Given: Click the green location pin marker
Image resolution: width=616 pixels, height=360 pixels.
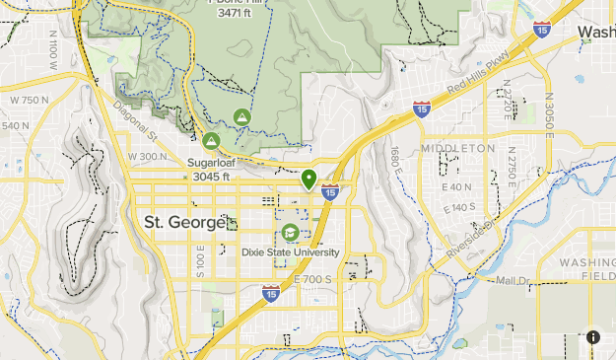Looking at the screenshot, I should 309,179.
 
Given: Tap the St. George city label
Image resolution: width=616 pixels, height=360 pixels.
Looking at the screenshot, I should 184,222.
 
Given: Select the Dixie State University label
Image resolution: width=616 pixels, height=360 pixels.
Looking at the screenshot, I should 290,252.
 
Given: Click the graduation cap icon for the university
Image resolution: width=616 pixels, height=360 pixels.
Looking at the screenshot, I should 290,233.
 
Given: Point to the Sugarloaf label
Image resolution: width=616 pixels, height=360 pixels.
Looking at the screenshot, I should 209,163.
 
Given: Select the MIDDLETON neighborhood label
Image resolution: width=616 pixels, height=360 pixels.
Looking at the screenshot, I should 457,148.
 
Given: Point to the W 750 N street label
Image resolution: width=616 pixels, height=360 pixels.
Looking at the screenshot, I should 30,100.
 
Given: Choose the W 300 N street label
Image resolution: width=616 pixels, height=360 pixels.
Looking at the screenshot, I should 148,157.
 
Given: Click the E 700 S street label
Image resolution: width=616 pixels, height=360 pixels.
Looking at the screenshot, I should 312,280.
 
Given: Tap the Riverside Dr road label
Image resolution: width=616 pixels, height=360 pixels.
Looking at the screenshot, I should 467,241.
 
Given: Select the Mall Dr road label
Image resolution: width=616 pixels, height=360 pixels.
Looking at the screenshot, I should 513,281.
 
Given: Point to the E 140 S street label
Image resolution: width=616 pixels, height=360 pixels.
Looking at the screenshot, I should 460,207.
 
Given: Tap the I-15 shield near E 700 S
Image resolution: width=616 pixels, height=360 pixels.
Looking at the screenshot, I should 270,293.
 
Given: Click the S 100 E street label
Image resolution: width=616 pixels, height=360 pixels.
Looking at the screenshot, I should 199,264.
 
